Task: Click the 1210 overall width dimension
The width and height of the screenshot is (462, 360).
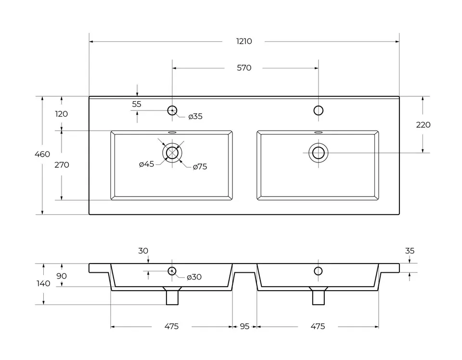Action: coord(244,41)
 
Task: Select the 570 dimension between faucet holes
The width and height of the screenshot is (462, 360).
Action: coord(244,68)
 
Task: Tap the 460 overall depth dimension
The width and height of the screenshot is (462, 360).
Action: coord(42,154)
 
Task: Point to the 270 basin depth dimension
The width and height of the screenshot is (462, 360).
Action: coord(62,165)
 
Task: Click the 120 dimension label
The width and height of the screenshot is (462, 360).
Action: coord(61,114)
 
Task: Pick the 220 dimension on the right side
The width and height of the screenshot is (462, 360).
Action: coord(423,125)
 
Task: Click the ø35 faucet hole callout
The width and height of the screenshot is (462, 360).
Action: coord(195,117)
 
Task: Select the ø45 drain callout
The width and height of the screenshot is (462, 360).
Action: coord(146,164)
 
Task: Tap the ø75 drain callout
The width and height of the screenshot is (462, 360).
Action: coord(200,167)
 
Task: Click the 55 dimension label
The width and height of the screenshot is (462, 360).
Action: coord(136,104)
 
